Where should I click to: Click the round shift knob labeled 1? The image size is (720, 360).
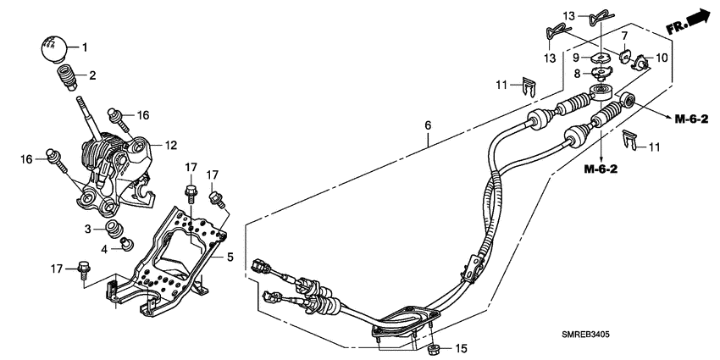point(53,48)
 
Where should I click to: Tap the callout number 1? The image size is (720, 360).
point(84,46)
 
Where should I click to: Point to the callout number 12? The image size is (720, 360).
point(170,145)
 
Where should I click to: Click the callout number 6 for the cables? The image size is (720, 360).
point(429,125)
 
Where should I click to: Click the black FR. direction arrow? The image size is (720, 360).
point(697,19)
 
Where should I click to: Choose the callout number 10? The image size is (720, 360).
point(661,58)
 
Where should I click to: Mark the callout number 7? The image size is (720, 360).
point(624,38)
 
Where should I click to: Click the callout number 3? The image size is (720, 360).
point(87,230)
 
